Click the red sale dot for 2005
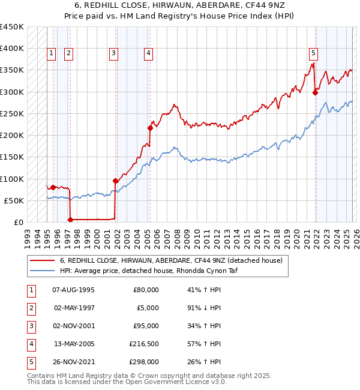[150, 128]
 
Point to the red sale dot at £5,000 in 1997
[70, 220]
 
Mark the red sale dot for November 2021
[315, 92]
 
